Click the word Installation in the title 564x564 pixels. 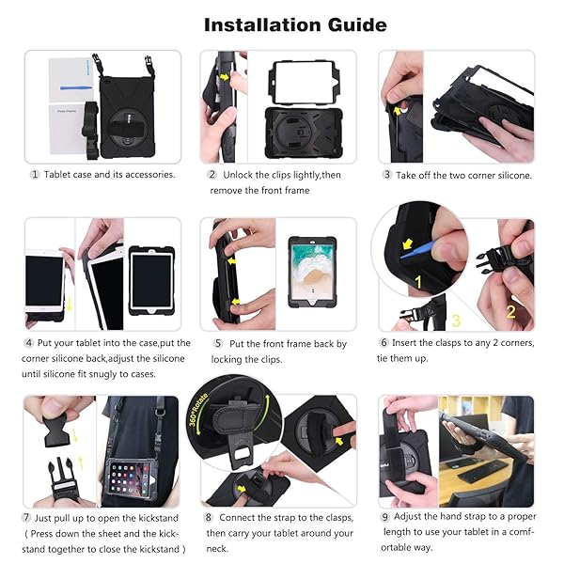(258, 24)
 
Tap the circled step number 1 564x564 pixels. (36, 175)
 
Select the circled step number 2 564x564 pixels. (212, 175)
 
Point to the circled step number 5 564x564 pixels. (217, 344)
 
